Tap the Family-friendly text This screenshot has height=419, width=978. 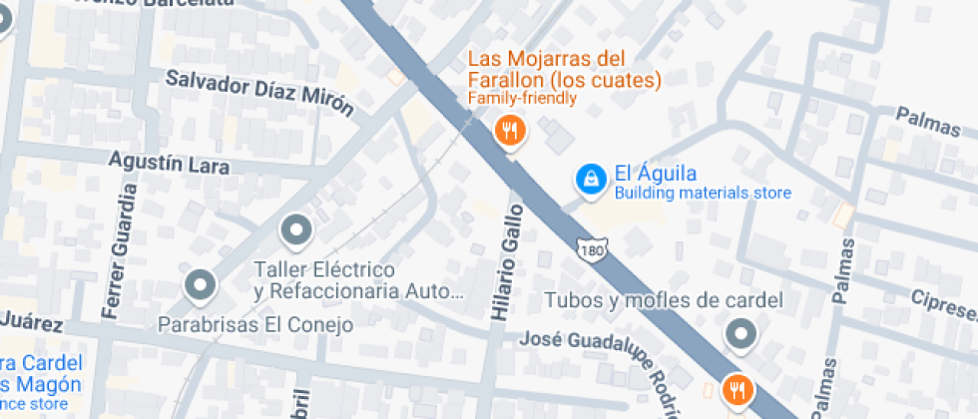pos(522,98)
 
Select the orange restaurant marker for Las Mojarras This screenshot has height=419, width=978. pos(510,130)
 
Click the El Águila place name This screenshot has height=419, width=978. pos(655,174)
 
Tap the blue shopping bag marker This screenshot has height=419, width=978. pos(591,180)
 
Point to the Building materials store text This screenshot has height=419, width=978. pos(702,194)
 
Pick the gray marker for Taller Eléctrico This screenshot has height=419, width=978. pos(296,231)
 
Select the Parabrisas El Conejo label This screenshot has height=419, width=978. pos(255,324)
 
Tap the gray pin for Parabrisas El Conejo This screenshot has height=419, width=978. pos(202,285)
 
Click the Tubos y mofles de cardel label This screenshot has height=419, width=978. pos(663,300)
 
